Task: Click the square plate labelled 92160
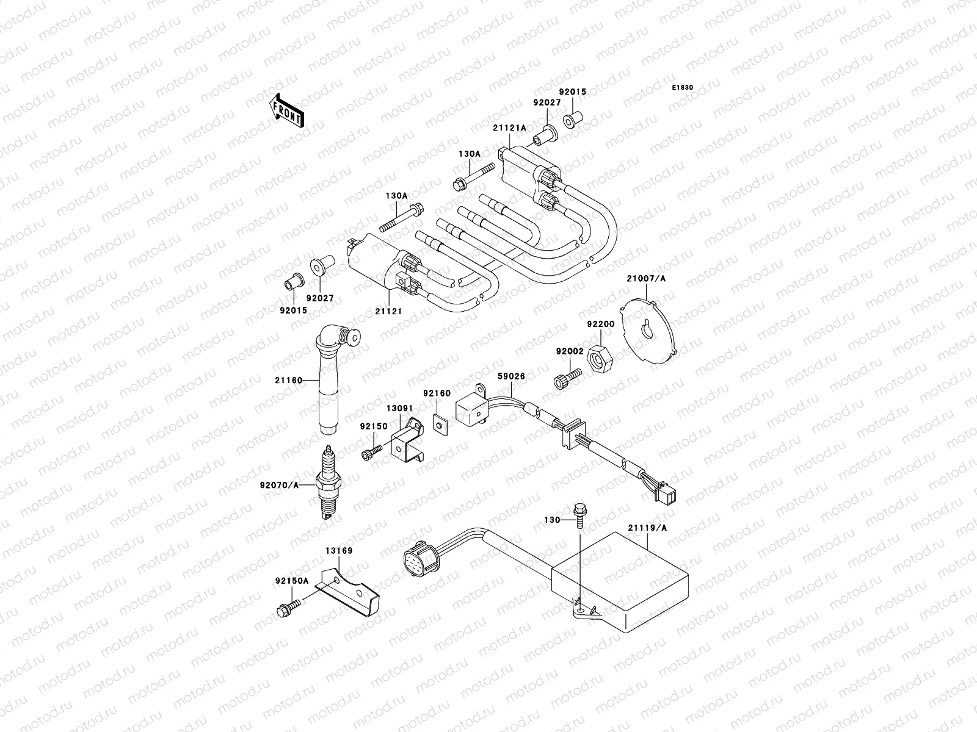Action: coord(438,422)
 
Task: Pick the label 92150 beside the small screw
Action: coord(374,426)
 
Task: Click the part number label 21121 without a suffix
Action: coord(389,311)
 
